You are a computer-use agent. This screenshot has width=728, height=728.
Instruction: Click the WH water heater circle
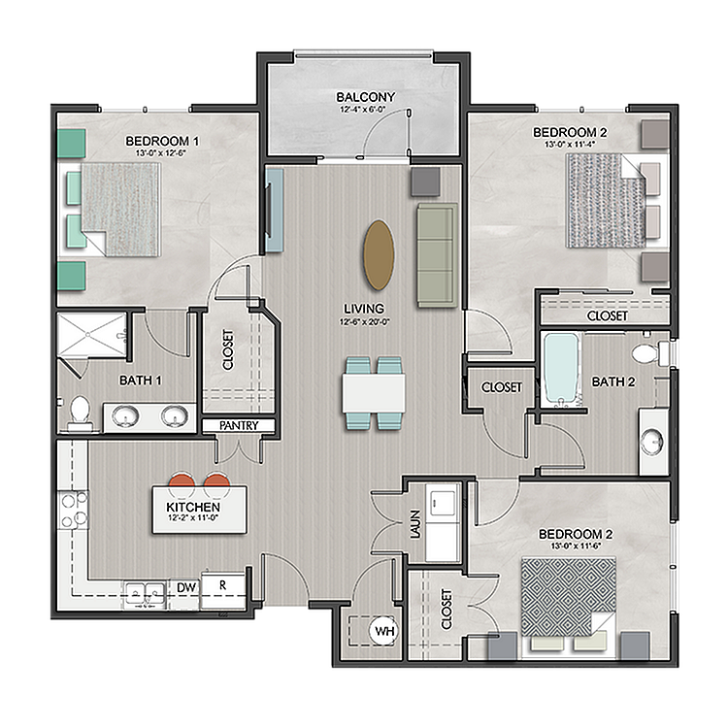[384, 631]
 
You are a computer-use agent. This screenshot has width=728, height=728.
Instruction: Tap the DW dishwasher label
[186, 587]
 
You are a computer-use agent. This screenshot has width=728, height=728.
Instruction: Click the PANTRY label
[239, 425]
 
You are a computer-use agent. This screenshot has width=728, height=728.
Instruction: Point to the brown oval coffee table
[379, 255]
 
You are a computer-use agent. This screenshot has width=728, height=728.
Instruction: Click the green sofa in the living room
[438, 255]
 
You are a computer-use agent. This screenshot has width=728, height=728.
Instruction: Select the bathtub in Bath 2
[562, 369]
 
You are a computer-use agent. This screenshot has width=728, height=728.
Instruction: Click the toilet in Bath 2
[649, 353]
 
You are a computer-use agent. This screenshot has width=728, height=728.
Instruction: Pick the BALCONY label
[365, 97]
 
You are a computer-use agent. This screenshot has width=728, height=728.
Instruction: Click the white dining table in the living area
[374, 393]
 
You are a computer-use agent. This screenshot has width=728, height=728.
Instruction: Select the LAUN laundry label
[415, 524]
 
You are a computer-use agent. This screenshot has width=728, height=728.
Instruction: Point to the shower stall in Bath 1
[92, 335]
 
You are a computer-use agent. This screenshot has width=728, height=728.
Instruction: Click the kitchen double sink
[146, 594]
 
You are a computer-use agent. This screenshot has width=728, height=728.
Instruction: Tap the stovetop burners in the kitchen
[73, 510]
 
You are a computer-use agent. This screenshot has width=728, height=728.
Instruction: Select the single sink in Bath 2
[653, 441]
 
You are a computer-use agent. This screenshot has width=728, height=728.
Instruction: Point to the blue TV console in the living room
[275, 211]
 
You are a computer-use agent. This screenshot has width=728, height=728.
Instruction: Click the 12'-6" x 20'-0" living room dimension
[364, 321]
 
